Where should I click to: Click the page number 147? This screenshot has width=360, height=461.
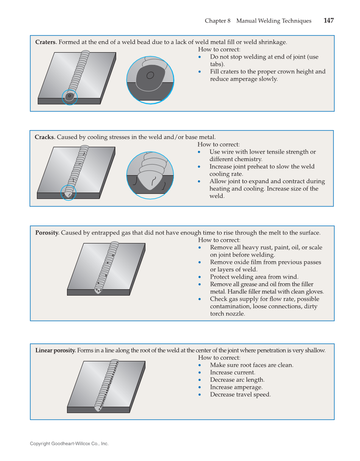[328, 21]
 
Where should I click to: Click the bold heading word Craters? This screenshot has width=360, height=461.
[46, 42]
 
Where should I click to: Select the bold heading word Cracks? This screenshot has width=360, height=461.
[45, 137]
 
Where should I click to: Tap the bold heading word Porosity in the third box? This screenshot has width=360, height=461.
[47, 233]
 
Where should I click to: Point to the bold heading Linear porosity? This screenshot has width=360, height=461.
[56, 350]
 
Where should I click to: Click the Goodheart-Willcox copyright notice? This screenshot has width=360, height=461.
[69, 444]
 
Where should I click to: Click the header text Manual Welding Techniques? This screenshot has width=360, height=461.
[273, 21]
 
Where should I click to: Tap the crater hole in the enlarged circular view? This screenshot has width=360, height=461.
[150, 75]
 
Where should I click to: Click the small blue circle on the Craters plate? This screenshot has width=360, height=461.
[70, 97]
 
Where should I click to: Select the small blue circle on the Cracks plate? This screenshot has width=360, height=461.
[68, 193]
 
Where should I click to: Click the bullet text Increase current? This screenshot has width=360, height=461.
[232, 372]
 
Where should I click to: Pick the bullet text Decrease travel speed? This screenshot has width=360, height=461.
[240, 394]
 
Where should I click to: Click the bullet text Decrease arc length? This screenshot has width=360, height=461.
[237, 380]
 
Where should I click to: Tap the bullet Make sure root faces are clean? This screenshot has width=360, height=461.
[251, 365]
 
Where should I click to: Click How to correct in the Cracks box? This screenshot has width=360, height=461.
[218, 145]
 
